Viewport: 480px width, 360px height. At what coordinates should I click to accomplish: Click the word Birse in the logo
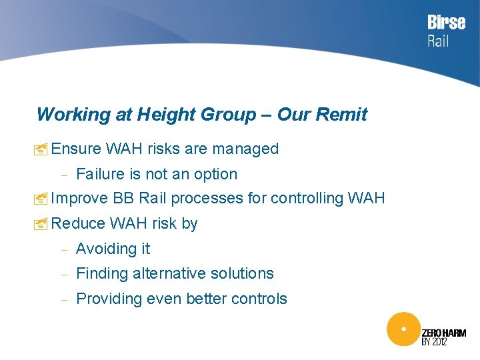pyautogui.click(x=446, y=23)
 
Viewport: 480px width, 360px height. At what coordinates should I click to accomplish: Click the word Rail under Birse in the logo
pyautogui.click(x=438, y=41)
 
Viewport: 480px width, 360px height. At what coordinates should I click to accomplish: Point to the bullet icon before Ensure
pyautogui.click(x=42, y=149)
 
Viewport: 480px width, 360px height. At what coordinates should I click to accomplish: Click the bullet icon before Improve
pyautogui.click(x=42, y=199)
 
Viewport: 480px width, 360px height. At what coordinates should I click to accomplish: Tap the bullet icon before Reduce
pyautogui.click(x=42, y=224)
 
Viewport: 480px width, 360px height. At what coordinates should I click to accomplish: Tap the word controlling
pyautogui.click(x=306, y=199)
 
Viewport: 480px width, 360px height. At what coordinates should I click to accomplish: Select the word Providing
pyautogui.click(x=108, y=299)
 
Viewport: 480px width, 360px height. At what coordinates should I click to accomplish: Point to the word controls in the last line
pyautogui.click(x=259, y=299)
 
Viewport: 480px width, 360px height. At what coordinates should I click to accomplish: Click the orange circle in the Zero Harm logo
pyautogui.click(x=403, y=329)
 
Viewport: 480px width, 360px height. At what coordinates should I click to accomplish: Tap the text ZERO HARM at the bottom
pyautogui.click(x=444, y=333)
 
